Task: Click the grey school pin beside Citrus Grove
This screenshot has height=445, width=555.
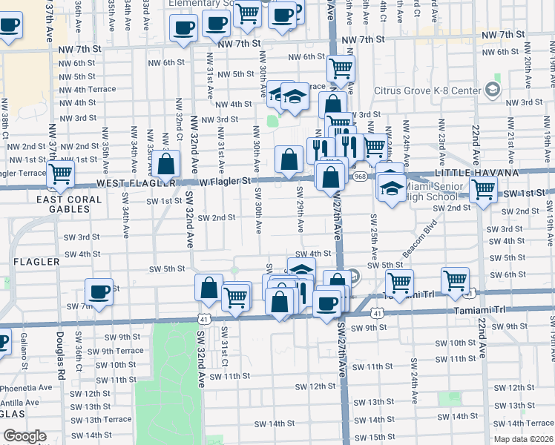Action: tap(492, 90)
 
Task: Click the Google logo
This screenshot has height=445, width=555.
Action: tap(24, 435)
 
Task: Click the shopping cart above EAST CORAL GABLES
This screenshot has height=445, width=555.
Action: tap(61, 174)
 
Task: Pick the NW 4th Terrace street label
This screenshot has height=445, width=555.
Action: tap(87, 89)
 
